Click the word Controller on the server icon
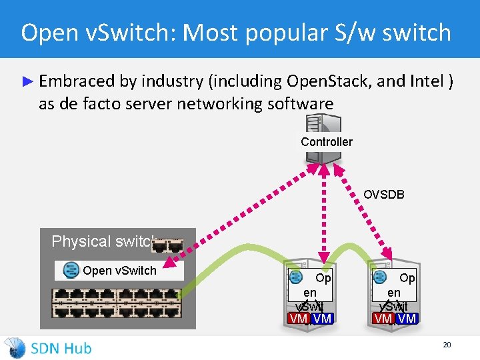[x=326, y=141]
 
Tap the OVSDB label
[x=383, y=195]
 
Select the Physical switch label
[x=103, y=241]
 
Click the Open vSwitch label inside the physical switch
[x=119, y=270]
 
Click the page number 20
[x=447, y=345]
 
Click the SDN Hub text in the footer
[x=61, y=348]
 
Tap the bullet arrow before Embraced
[x=27, y=81]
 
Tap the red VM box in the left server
[x=298, y=319]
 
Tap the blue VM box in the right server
[x=406, y=319]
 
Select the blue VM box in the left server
[x=322, y=319]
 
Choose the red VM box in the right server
[x=383, y=319]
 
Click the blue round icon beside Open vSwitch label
[x=71, y=270]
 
